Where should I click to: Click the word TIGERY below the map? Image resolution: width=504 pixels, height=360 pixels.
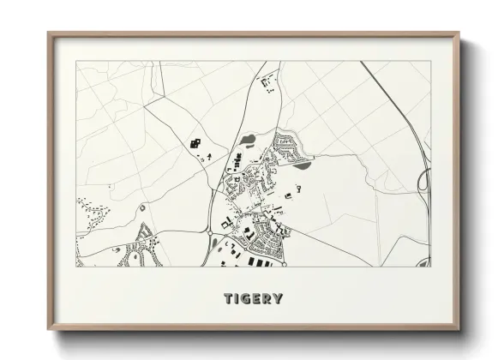pyautogui.click(x=253, y=299)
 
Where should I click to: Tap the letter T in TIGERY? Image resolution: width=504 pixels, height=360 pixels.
pyautogui.click(x=229, y=299)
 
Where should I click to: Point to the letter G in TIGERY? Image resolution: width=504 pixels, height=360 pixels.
pyautogui.click(x=246, y=299)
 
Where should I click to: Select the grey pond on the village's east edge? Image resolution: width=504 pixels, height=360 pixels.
pyautogui.click(x=303, y=165)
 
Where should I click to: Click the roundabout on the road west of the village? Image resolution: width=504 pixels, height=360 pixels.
pyautogui.click(x=209, y=231)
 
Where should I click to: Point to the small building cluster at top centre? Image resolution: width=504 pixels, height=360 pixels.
pyautogui.click(x=268, y=82)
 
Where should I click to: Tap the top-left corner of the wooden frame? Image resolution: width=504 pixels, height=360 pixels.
pyautogui.click(x=49, y=34)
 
